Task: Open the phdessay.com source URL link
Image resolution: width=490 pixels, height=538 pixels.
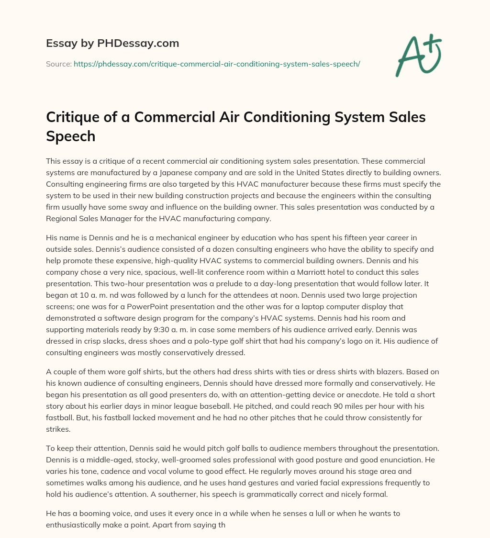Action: point(216,64)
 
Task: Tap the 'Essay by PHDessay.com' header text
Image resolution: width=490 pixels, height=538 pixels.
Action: point(112,43)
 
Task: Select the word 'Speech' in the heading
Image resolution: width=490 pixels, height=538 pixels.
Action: point(70,136)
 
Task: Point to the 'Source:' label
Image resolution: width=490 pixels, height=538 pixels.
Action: point(58,64)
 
